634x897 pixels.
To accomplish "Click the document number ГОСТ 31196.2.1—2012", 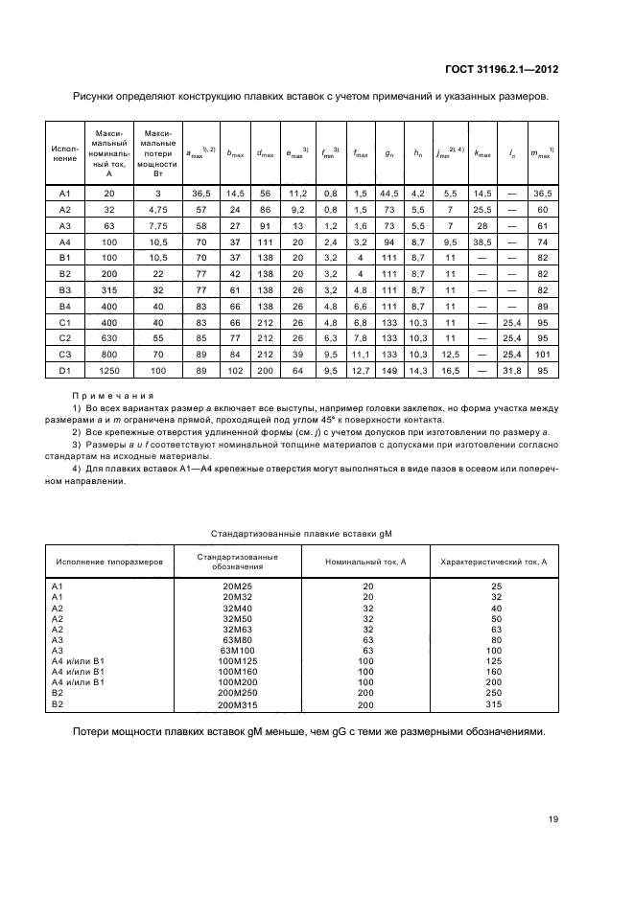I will coord(504,69).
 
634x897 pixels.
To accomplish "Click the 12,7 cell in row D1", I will coord(359,371).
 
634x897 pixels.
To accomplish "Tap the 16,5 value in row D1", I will coord(449,371).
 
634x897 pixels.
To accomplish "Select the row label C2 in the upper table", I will coord(65,338).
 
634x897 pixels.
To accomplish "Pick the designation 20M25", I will coord(238,586).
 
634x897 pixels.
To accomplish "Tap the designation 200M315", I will coord(238,705).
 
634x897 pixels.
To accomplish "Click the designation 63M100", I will coord(238,651).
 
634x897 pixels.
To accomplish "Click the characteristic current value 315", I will coord(496,705).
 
